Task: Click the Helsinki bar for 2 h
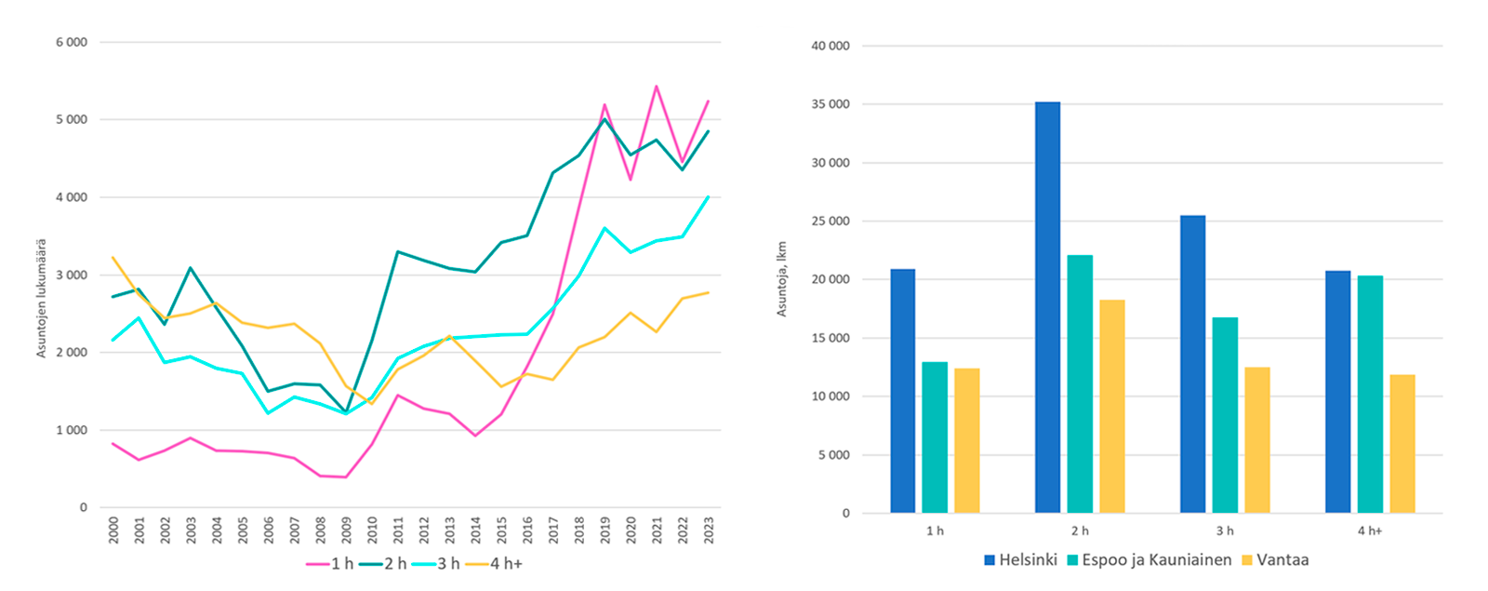1047,307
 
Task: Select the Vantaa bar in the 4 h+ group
1402,444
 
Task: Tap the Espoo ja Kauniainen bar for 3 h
1225,415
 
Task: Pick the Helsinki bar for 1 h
902,391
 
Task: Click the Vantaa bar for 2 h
1111,406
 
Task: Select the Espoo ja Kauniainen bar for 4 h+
1370,394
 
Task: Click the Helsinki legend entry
1020,560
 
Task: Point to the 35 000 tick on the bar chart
830,104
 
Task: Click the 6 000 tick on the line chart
72,43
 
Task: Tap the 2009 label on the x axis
346,531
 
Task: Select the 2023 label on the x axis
709,531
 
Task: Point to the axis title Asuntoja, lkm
781,279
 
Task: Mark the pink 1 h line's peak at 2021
657,87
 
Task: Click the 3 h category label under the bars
1225,531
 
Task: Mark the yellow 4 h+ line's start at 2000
113,258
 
